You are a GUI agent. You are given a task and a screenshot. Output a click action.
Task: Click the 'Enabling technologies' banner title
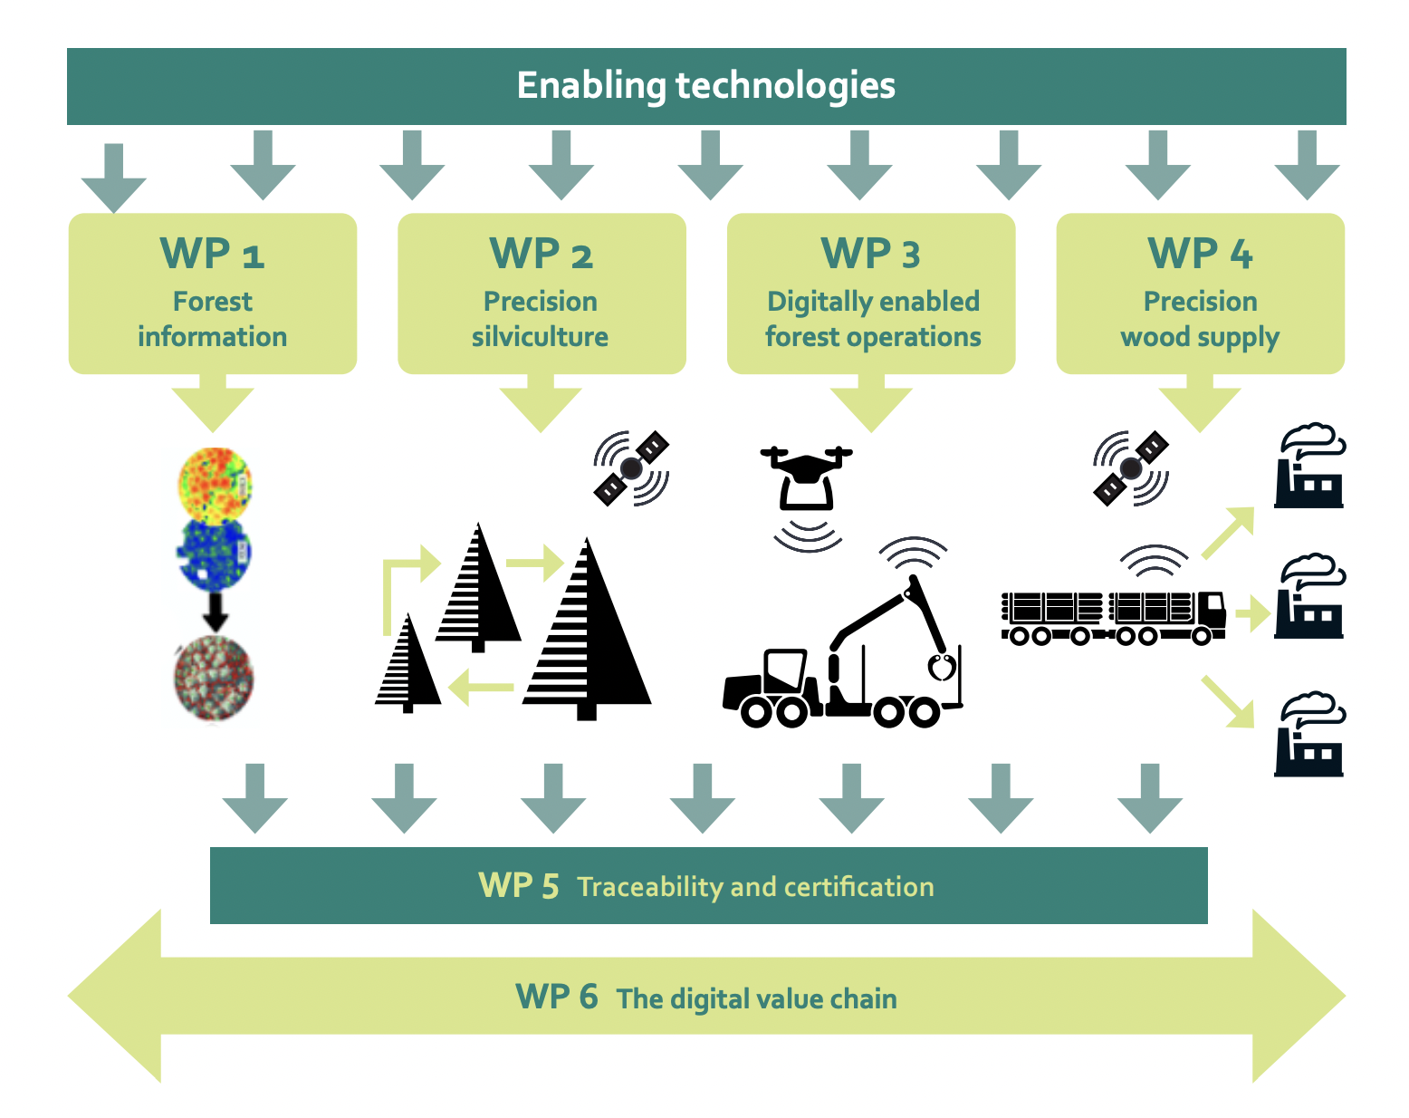705,86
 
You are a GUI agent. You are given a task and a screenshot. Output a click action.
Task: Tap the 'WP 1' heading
212,254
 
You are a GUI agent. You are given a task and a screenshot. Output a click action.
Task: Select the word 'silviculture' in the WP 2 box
540,337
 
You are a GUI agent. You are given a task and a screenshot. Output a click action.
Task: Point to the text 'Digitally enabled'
873,302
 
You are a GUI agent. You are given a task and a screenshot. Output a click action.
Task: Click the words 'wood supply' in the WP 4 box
1200,337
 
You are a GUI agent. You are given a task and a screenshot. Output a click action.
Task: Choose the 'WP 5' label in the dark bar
518,886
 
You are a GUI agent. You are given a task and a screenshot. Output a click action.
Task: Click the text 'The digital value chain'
756,998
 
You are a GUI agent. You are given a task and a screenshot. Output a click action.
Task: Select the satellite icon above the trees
631,468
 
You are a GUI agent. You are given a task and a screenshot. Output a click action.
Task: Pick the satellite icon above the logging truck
1131,468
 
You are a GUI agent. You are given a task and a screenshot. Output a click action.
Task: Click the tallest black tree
587,634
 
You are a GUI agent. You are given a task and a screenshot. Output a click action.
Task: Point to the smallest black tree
407,666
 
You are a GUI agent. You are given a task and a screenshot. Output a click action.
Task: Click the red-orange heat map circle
215,483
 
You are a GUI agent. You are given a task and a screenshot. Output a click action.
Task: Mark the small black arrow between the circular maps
215,612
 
